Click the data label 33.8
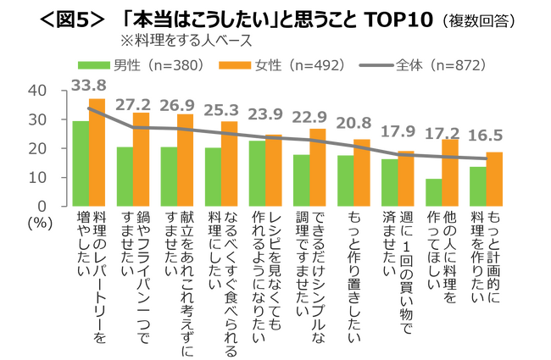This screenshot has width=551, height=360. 88,85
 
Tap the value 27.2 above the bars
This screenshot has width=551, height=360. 133,105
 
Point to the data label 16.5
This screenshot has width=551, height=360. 486,136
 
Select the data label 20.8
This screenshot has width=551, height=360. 353,123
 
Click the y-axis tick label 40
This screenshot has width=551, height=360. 37,91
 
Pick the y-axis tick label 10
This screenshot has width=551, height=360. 37,178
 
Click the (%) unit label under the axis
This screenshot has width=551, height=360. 40,223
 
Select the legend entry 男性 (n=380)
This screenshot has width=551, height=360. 141,65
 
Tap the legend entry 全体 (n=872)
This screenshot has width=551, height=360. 424,65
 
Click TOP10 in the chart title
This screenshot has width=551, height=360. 399,19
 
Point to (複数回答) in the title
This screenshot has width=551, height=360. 478,21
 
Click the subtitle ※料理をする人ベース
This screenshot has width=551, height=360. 186,41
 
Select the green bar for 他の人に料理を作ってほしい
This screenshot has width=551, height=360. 434,192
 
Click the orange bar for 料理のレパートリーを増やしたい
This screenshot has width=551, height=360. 97,152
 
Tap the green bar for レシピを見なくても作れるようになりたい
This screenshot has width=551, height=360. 257,174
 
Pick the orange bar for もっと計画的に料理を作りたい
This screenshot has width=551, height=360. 494,179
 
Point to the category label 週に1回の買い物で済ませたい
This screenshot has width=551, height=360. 398,273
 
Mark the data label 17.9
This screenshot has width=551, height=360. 398,131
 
